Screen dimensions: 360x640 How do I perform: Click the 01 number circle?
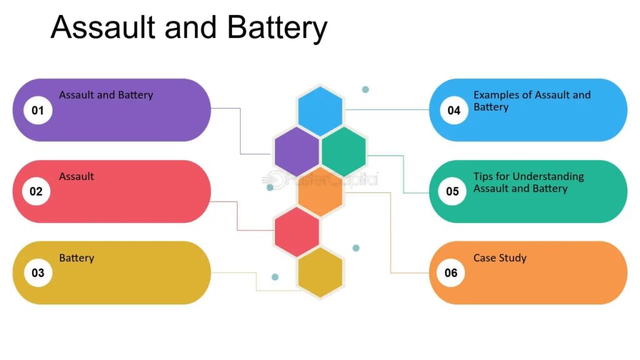click(x=37, y=111)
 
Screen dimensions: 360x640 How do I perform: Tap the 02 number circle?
click(x=36, y=191)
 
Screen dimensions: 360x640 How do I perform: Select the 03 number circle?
click(x=37, y=272)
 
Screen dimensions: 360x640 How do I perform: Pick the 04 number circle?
click(x=454, y=111)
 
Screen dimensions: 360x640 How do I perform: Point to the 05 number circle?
click(x=452, y=191)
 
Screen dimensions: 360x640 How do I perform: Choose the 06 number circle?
click(x=451, y=272)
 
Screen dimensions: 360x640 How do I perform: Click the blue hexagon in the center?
click(x=320, y=111)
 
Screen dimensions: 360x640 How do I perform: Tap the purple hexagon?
click(x=296, y=152)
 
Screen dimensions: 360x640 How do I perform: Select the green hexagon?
click(x=343, y=152)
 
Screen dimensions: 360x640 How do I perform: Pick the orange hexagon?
click(x=320, y=192)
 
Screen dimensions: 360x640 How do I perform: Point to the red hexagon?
click(x=296, y=232)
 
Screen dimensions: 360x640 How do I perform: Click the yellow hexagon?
click(x=320, y=272)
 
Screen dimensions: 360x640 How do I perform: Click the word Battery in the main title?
click(x=277, y=28)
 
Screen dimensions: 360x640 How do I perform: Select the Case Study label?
click(x=499, y=258)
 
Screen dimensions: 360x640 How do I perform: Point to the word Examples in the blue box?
click(x=496, y=95)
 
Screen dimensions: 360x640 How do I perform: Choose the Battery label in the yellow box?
click(x=76, y=258)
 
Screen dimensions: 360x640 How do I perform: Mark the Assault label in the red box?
click(x=76, y=177)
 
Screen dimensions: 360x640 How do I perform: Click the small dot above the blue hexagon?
click(x=366, y=89)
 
